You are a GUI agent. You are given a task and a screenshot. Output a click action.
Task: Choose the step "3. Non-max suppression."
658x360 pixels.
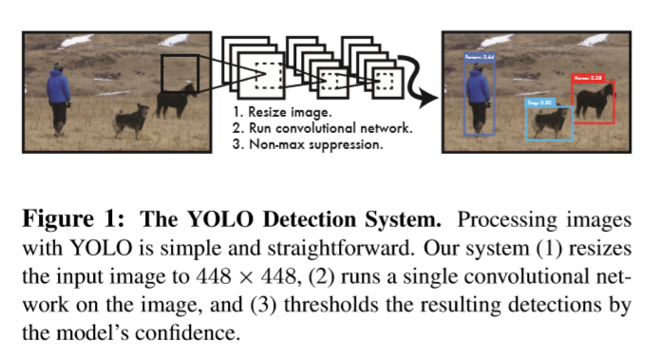coord(309,145)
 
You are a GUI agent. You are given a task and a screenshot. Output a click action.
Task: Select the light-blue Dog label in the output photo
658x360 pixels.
coord(540,100)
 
